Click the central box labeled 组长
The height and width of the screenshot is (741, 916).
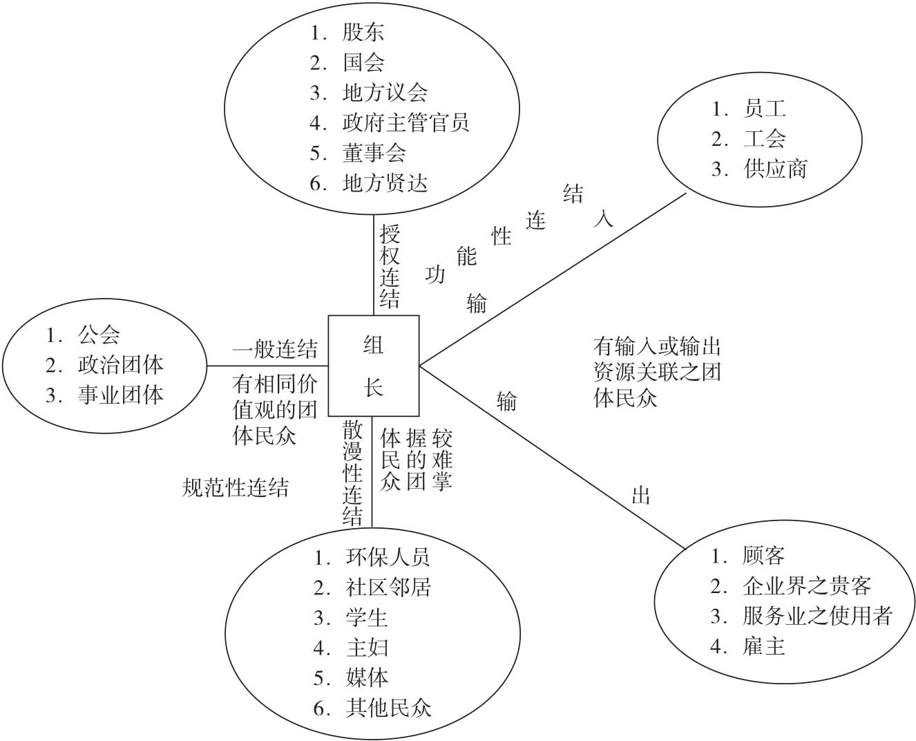tap(373, 364)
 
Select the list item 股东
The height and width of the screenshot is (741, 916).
tap(363, 32)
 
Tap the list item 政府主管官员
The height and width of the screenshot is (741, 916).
tap(405, 122)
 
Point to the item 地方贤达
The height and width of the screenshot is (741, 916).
tap(385, 183)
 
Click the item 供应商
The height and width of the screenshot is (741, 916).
tap(775, 169)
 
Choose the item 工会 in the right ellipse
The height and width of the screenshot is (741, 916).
tap(765, 139)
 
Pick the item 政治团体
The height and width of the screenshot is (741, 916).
tap(120, 364)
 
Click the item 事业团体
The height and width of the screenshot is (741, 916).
tap(120, 395)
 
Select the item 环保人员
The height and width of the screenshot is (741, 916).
tap(388, 556)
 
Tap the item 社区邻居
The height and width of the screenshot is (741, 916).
tap(388, 587)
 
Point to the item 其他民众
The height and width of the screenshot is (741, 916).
tap(388, 708)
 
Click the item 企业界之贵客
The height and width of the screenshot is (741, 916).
tap(806, 586)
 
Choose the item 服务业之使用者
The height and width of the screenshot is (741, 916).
tap(817, 616)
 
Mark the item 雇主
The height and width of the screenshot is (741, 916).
tap(764, 646)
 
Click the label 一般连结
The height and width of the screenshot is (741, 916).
tap(275, 350)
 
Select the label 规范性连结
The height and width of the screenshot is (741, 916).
tap(235, 488)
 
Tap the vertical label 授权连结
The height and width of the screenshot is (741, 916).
tap(390, 266)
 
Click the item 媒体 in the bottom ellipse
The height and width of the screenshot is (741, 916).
tap(367, 677)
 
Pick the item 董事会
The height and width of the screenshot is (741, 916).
tap(374, 153)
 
